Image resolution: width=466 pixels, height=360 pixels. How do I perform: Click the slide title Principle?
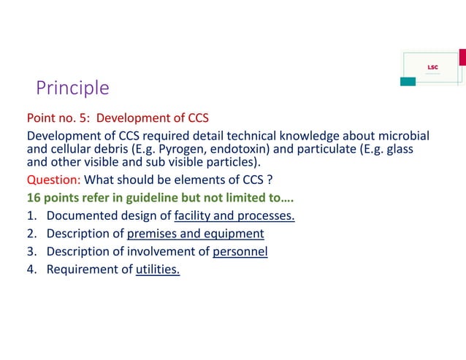(x=73, y=88)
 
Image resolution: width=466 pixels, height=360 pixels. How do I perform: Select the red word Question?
(x=54, y=180)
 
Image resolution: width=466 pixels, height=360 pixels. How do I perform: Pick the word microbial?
(x=404, y=137)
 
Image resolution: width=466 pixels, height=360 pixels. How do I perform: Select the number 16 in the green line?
(x=34, y=197)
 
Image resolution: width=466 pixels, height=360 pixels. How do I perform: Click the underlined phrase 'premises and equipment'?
(x=195, y=234)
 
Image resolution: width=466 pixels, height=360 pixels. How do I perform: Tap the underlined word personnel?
(x=240, y=252)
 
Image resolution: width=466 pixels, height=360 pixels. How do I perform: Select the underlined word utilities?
(x=158, y=270)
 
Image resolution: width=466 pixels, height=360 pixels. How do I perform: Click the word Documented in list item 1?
(x=80, y=215)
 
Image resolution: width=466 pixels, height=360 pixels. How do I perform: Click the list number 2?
(x=32, y=234)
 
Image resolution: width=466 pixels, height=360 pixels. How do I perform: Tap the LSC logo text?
(x=432, y=67)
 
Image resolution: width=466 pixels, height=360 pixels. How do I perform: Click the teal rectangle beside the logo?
(x=408, y=80)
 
